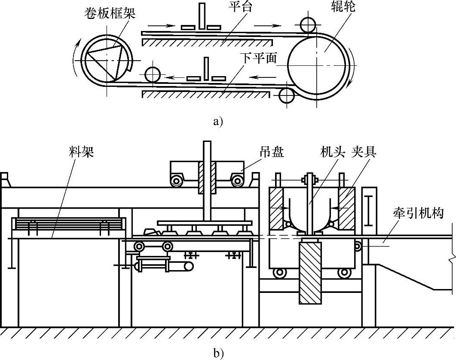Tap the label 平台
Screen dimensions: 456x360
[240, 7]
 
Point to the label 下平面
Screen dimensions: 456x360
[259, 59]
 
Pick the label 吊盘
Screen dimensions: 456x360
[272, 152]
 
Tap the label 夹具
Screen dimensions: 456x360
[364, 152]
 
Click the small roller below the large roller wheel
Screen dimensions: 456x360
[287, 95]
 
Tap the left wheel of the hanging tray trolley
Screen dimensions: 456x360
[177, 181]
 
